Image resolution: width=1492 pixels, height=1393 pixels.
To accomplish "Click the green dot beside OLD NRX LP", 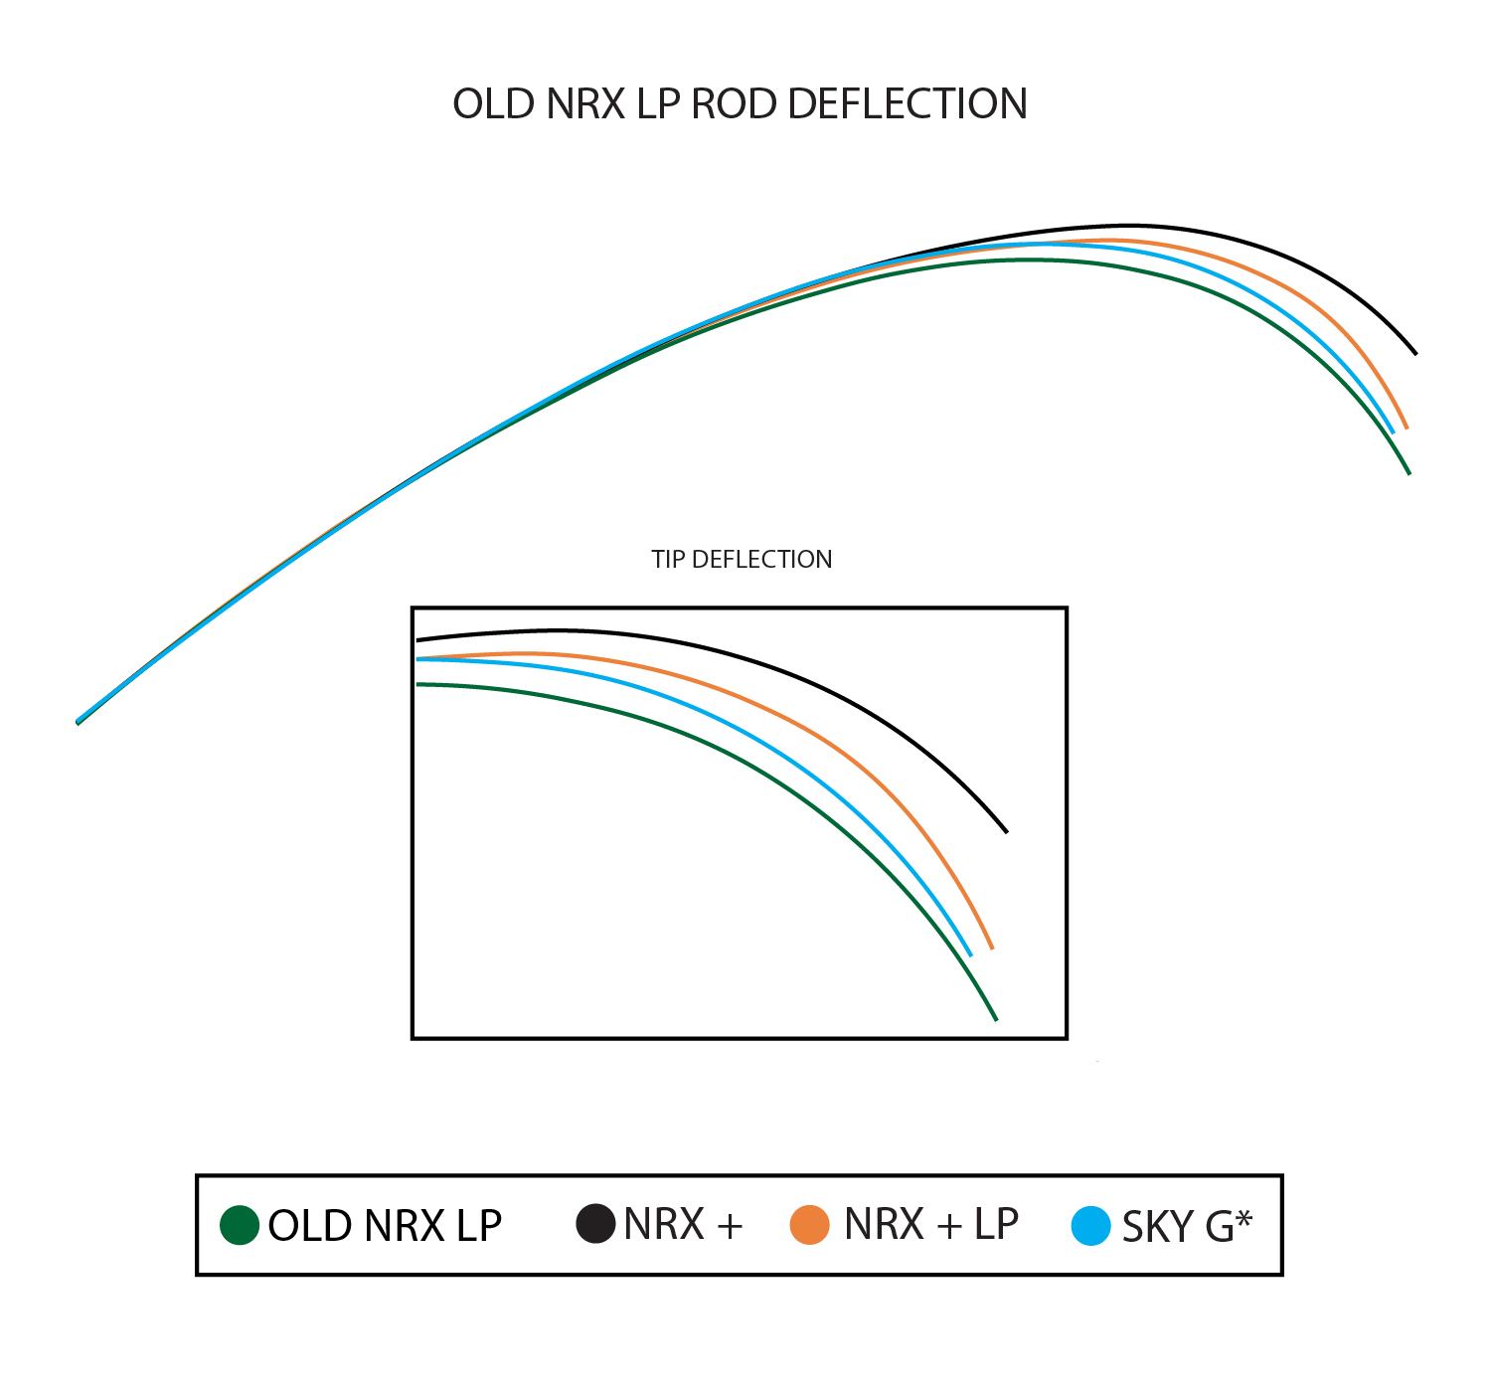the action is pos(239,1225).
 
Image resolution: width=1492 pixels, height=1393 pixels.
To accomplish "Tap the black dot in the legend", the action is pos(595,1223).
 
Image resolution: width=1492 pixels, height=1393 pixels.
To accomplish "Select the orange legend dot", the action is pos(809,1225).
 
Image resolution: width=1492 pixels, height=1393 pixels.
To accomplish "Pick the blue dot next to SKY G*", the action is pos(1090,1225).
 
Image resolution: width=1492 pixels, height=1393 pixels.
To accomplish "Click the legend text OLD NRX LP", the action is pos(385,1226).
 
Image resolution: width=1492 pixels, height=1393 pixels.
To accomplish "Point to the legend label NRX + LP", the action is pos(930,1224).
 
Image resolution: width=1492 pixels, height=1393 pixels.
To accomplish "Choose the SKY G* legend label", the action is pos(1187,1226).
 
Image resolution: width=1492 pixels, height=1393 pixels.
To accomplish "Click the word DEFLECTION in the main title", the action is pos(907,103).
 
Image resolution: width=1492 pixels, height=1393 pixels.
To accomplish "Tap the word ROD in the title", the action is pos(734,103).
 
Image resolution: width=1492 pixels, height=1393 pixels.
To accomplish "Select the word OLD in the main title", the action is pos(494,103).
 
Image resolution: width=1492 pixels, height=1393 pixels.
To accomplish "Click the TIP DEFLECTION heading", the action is pos(741,560).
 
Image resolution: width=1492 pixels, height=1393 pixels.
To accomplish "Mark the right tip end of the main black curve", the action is pos(1415,353).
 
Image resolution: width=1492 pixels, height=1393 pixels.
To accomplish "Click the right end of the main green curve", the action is pos(1409,473).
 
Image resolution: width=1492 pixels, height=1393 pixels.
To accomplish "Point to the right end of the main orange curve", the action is pos(1407,429).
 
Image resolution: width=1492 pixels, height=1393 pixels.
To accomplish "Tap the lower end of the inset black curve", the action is pos(1006,832).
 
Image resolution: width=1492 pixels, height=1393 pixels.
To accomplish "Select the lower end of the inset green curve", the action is pos(996,1020).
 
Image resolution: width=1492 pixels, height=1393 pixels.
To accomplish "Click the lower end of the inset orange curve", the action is pos(992,949).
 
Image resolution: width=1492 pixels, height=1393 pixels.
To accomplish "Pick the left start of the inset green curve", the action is pos(417,684).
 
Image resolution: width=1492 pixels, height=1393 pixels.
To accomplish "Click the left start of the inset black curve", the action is pos(417,640).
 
